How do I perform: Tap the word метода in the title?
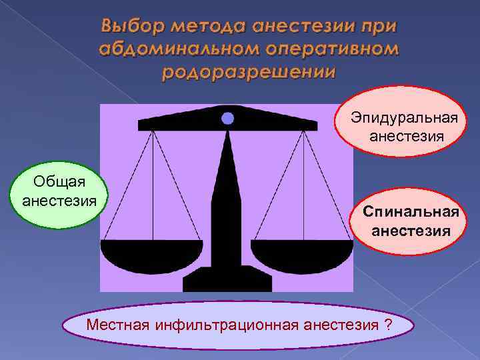[x=207, y=26]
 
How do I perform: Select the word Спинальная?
[x=411, y=213]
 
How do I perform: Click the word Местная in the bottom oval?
[x=119, y=326]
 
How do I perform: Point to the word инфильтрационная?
[x=227, y=326]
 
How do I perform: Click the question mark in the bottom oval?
[x=387, y=326]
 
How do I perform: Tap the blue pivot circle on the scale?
[x=227, y=119]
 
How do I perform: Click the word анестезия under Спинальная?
[x=411, y=231]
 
